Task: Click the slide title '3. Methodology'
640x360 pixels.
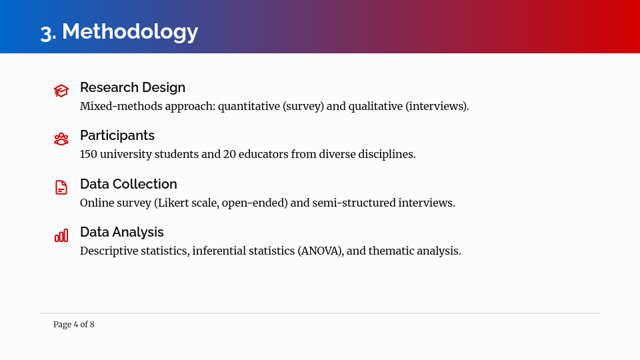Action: (119, 31)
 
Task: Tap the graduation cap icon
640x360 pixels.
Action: (61, 91)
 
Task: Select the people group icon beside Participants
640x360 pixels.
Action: (61, 139)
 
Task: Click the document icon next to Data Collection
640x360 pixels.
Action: (61, 187)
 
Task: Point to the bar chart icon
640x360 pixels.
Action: (61, 235)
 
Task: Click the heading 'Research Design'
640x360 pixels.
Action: (133, 87)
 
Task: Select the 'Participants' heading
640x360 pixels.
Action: (117, 135)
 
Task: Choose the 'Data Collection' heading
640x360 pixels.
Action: (129, 184)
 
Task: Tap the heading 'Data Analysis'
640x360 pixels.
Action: (122, 232)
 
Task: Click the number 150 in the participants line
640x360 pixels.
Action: (89, 154)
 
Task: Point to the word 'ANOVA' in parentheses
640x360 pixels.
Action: (320, 251)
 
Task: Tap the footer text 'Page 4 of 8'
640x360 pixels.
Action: (74, 325)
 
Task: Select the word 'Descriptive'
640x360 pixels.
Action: (110, 251)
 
